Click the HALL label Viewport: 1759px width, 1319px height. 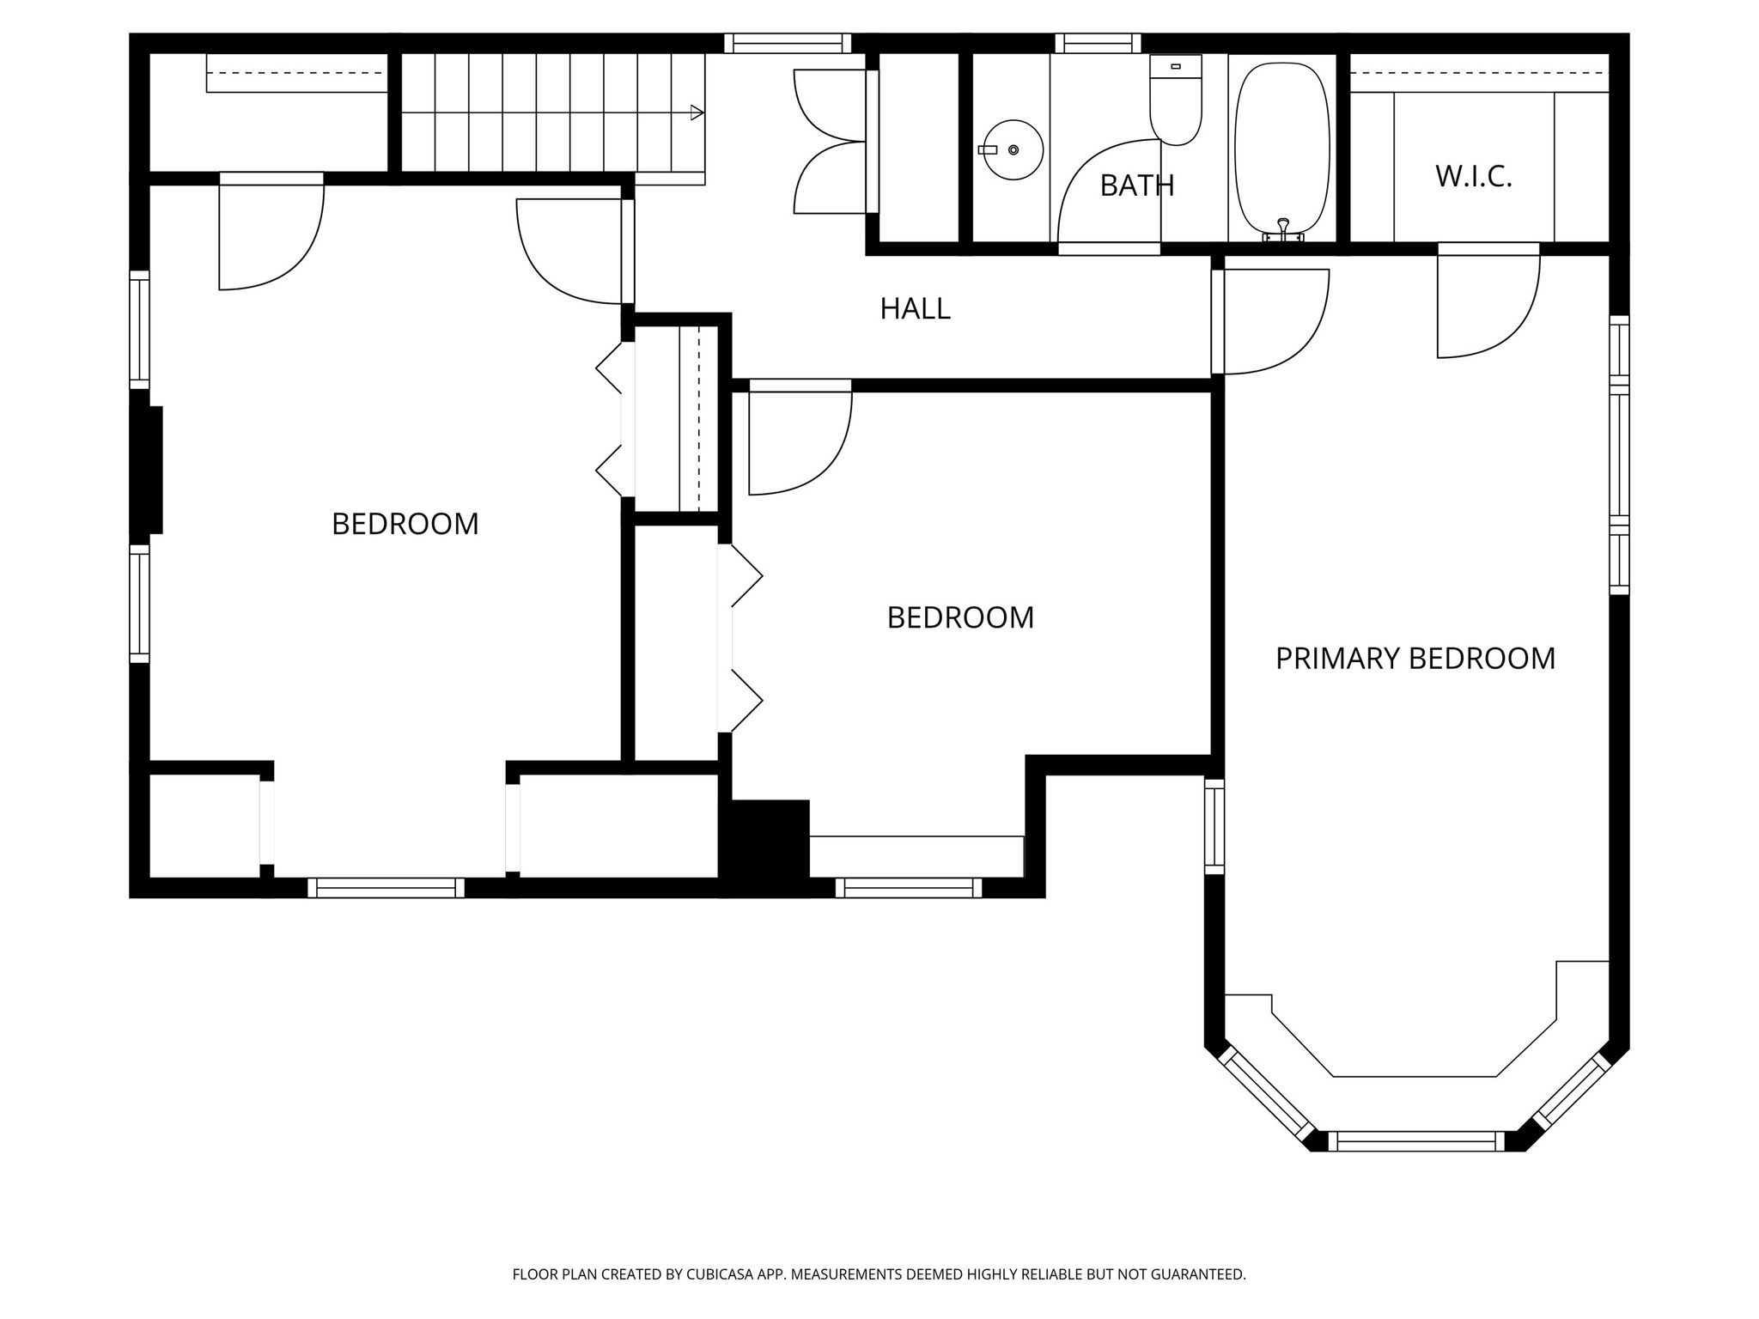click(915, 309)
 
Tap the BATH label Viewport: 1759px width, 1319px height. click(1136, 185)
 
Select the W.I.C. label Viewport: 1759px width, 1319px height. click(1473, 177)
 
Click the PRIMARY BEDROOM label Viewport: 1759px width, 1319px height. click(1415, 659)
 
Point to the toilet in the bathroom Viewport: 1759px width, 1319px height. click(1175, 101)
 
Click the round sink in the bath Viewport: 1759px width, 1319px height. click(1013, 150)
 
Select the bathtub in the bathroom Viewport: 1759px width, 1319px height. click(1281, 146)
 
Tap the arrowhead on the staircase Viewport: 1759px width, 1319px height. click(697, 112)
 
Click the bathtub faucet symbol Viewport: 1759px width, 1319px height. click(1283, 228)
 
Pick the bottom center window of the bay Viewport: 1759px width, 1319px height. click(1416, 1141)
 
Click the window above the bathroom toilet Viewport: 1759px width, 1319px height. click(1098, 44)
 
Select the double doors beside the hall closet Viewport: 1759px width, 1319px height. click(829, 142)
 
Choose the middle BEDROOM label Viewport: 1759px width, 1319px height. click(960, 618)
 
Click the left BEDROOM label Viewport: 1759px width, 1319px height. click(405, 524)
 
